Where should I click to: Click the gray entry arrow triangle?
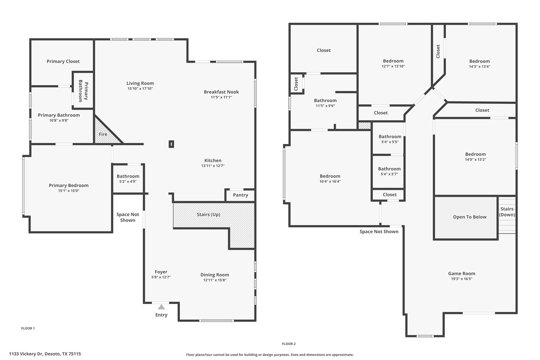click(x=161, y=307)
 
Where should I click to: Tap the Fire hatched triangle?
click(x=104, y=132)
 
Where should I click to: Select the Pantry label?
click(x=240, y=195)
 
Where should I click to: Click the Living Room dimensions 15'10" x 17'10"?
click(x=140, y=89)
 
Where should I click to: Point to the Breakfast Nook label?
click(x=221, y=92)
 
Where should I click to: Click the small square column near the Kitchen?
click(x=171, y=144)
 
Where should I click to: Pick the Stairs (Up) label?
click(x=208, y=214)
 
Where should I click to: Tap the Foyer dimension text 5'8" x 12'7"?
click(x=161, y=277)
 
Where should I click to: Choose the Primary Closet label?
click(x=63, y=61)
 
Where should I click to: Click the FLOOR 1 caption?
click(x=28, y=328)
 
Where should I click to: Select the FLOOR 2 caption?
click(x=289, y=344)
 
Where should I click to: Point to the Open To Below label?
click(x=470, y=217)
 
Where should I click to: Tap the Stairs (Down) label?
click(x=507, y=212)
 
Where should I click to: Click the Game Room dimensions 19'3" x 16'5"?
click(x=462, y=279)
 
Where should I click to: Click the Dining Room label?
click(x=215, y=275)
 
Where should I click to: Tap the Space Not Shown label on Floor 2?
click(x=379, y=232)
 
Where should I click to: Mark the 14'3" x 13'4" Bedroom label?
click(x=479, y=61)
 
